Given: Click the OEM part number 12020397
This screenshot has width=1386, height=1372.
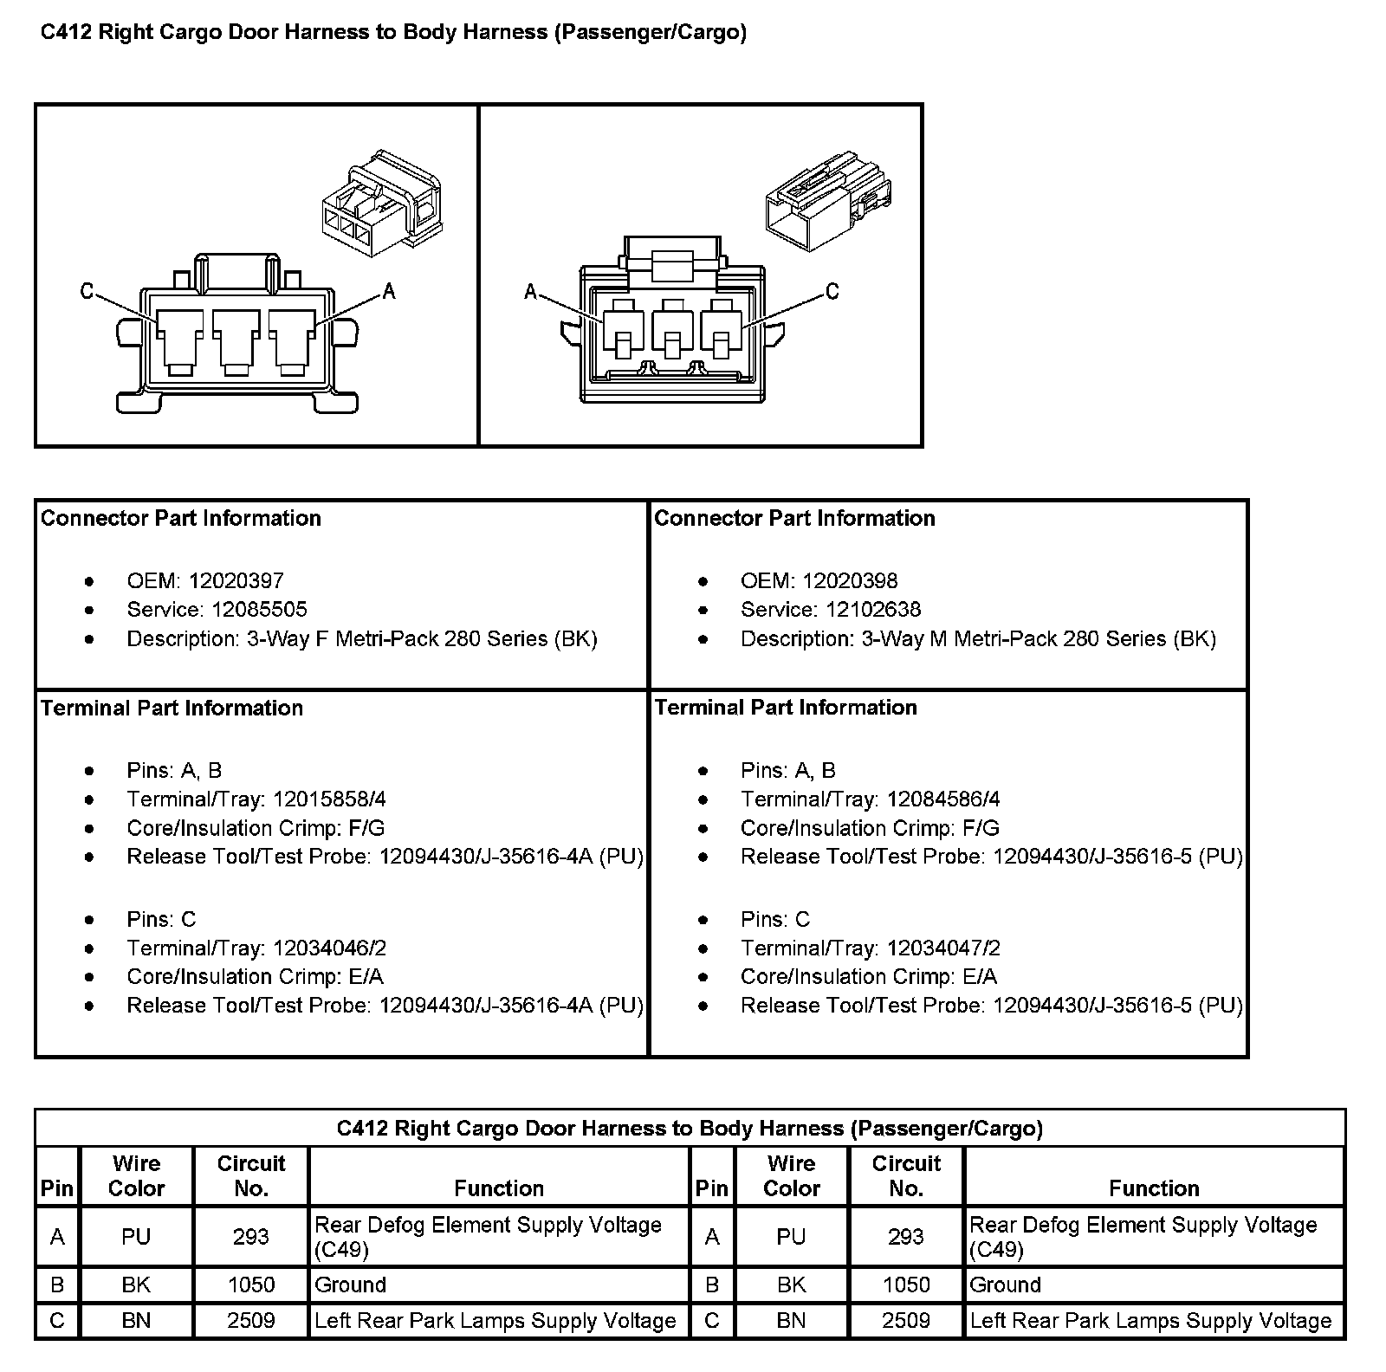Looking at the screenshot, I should click(x=236, y=581).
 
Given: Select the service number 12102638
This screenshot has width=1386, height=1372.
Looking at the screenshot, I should click(x=873, y=610).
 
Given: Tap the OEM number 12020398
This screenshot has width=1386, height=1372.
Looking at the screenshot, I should click(x=850, y=581).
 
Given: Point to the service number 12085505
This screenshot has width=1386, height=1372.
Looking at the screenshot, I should click(x=260, y=610).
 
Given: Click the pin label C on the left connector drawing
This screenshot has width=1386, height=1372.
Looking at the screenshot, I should click(x=87, y=291).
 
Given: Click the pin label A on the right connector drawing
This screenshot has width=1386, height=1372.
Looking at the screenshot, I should click(x=531, y=292).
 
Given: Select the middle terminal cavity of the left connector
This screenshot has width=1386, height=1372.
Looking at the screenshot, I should click(x=236, y=340).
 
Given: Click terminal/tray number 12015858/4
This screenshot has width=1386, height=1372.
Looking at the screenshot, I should click(x=329, y=799).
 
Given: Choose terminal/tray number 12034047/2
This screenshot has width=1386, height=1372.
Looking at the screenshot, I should click(x=943, y=948).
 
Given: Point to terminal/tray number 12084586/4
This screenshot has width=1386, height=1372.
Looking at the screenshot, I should click(x=943, y=799).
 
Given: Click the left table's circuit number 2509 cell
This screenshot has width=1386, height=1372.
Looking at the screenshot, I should click(x=251, y=1321).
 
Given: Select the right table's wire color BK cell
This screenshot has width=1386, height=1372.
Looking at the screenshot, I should click(x=791, y=1285).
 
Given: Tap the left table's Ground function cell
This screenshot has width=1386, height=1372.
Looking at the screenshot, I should click(x=351, y=1285).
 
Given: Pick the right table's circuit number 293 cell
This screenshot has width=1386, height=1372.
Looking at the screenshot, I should click(x=906, y=1238).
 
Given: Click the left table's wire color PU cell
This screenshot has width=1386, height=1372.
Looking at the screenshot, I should click(x=136, y=1238).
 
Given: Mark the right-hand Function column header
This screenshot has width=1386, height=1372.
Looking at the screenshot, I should click(x=1154, y=1188).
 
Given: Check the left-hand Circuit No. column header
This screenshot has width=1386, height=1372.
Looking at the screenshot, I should click(x=251, y=1175).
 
